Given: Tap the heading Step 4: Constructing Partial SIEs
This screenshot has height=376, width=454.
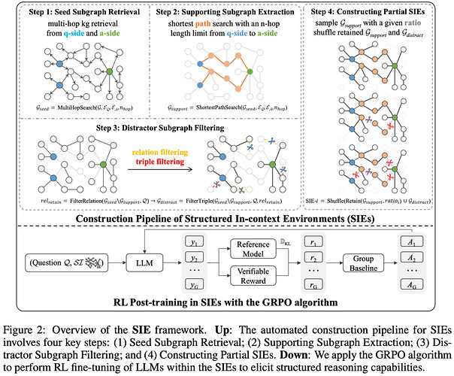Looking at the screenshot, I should (x=377, y=13).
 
